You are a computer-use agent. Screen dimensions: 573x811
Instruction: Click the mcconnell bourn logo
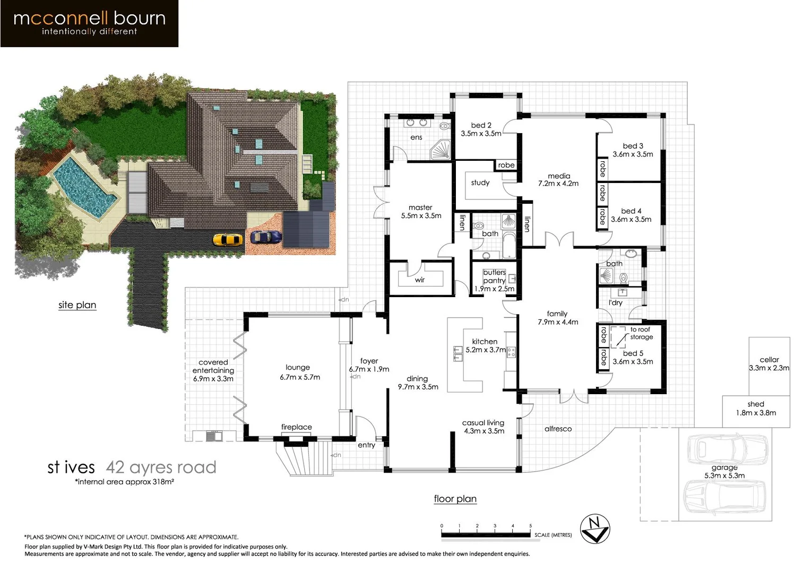tap(89, 23)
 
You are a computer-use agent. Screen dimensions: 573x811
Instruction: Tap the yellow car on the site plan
tap(228, 240)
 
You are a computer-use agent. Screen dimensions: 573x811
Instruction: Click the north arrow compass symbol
tap(595, 529)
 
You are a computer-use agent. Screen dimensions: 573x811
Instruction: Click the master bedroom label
tap(421, 212)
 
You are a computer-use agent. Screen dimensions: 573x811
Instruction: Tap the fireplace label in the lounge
tap(296, 427)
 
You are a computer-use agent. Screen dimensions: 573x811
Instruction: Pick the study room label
tap(480, 183)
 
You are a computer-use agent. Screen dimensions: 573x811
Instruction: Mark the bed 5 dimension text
tap(633, 362)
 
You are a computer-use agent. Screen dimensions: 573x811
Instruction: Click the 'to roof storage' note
tap(641, 333)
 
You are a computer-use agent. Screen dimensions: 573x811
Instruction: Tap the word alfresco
tap(558, 429)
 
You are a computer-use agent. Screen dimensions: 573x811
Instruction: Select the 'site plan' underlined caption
tap(77, 305)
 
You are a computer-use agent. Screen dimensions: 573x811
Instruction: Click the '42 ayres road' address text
tap(161, 467)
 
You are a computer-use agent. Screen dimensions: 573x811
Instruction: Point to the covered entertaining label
tap(213, 370)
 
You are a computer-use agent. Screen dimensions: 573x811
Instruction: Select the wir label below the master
tap(420, 280)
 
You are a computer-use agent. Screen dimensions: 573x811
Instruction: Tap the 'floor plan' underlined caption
tap(455, 499)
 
